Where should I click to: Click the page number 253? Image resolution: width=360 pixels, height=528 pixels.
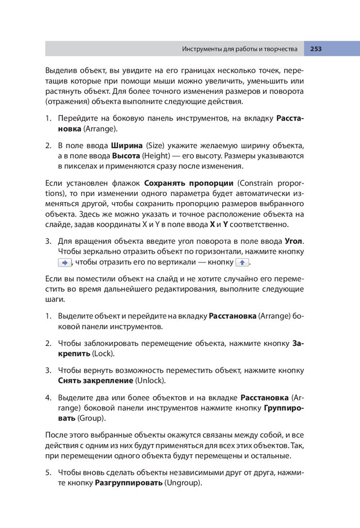(316, 49)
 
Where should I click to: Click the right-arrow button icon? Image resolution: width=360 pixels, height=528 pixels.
(64, 262)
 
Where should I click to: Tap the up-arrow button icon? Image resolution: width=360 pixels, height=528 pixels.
(242, 262)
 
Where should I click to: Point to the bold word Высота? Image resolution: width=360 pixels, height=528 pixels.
(126, 155)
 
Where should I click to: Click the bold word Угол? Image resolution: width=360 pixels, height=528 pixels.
(294, 241)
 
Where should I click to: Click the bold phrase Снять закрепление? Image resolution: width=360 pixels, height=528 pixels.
(95, 381)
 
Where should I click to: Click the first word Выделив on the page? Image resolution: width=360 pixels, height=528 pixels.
(60, 70)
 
